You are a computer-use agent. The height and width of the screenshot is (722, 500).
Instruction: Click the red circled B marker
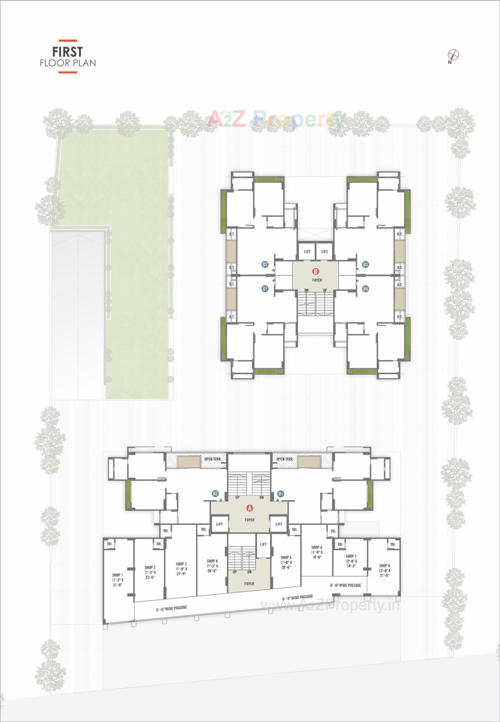tap(315, 271)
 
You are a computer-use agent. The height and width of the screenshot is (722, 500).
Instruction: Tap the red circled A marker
tap(250, 508)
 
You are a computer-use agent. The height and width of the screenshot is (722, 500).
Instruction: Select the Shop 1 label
tap(117, 575)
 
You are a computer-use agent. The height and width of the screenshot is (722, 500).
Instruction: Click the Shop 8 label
tap(385, 566)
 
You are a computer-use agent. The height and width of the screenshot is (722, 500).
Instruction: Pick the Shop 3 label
tap(181, 564)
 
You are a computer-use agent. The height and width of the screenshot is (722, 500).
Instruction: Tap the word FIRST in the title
tap(67, 52)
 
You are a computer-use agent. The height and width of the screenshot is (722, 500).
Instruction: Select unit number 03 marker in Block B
tap(365, 264)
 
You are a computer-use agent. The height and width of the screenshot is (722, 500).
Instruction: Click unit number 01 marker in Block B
tap(265, 289)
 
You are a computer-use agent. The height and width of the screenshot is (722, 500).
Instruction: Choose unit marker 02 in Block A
tap(215, 494)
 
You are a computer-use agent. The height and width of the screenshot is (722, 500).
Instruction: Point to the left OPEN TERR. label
tap(213, 459)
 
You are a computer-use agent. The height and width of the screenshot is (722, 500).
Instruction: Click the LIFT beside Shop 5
tap(263, 544)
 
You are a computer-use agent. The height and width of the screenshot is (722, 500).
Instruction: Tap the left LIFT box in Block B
tap(307, 252)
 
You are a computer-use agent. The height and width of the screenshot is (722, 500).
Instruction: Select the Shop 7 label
tap(351, 556)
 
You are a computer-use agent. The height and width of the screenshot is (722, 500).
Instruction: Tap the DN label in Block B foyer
tap(306, 290)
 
